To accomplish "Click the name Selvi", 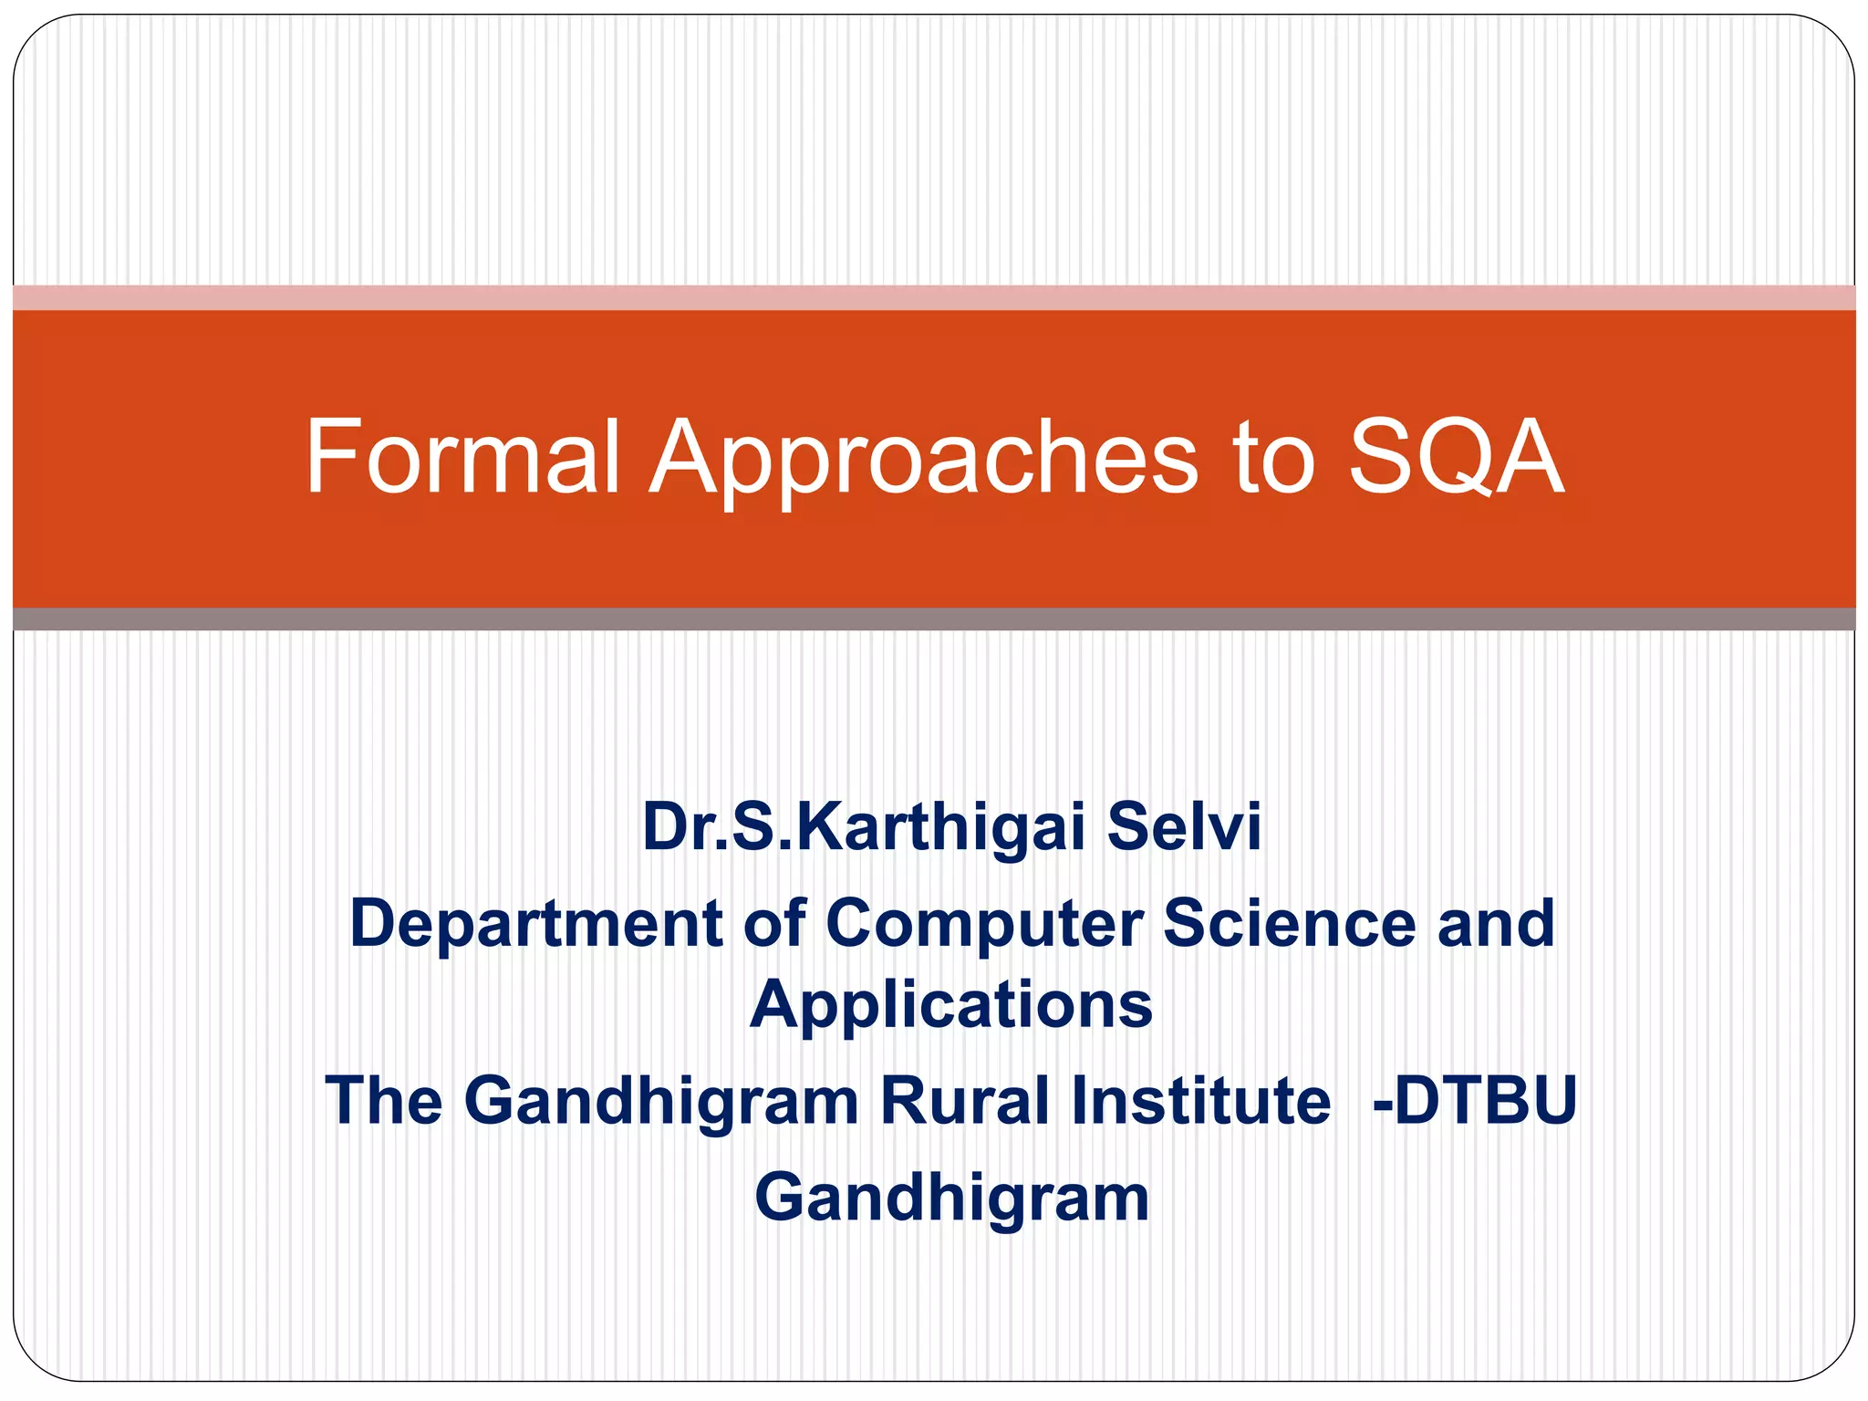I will [1184, 826].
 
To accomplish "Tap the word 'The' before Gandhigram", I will [384, 1100].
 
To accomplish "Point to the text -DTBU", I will [1475, 1100].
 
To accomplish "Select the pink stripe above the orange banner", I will [934, 297].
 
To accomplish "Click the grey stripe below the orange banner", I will [934, 619].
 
